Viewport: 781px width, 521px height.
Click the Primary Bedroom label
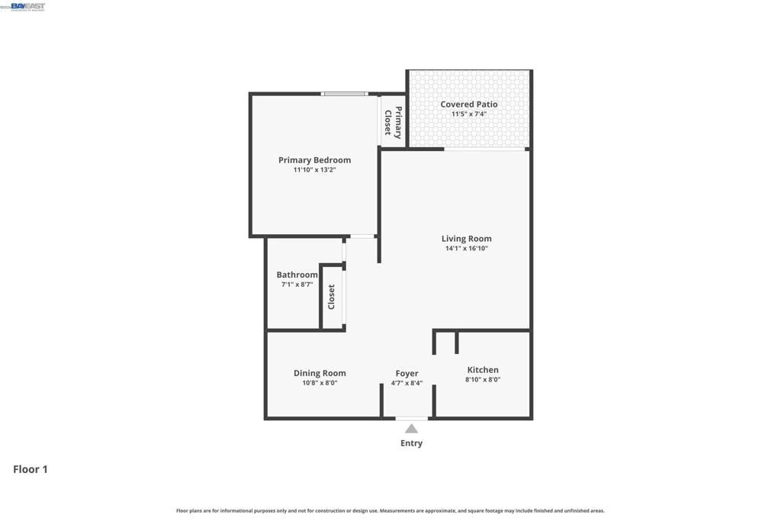(x=314, y=160)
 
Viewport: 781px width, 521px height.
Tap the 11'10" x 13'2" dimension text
(x=314, y=170)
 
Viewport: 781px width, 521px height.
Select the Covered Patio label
(x=468, y=105)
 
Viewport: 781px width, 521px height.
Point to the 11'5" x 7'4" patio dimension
(x=468, y=114)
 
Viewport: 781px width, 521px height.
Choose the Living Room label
(x=466, y=239)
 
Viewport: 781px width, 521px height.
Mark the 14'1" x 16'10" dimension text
(x=466, y=249)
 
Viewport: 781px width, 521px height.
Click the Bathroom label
(x=297, y=275)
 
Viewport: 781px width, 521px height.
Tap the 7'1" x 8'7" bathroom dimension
(x=297, y=285)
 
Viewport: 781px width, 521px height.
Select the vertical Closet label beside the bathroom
(x=332, y=297)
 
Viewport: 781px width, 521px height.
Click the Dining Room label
(x=320, y=373)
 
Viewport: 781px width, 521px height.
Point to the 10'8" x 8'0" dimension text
(x=320, y=383)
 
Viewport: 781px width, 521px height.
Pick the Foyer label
(x=407, y=374)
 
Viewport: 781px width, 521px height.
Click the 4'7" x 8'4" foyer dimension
(x=407, y=383)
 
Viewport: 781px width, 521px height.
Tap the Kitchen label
(x=483, y=370)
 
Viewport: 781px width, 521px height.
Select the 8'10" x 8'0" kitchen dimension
(x=483, y=380)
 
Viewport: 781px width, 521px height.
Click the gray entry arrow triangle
(x=411, y=429)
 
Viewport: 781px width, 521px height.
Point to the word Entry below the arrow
(x=411, y=443)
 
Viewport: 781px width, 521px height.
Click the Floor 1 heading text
(x=31, y=469)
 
